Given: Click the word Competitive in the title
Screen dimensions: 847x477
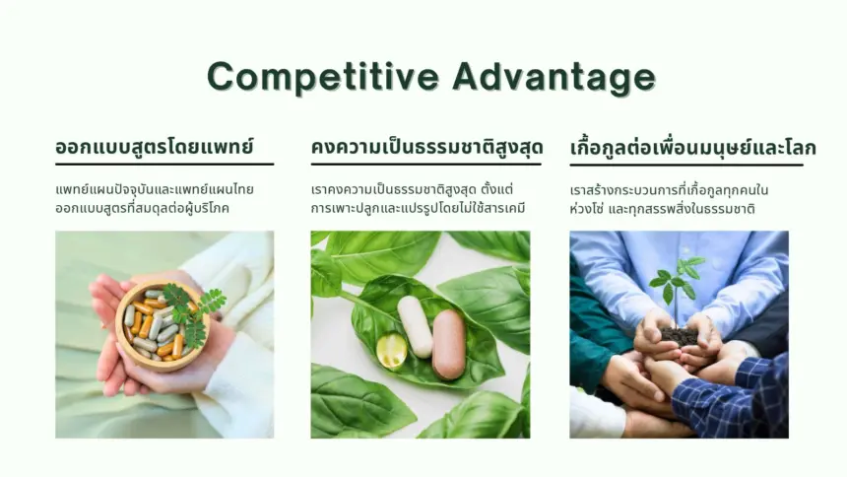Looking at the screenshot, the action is (x=323, y=77).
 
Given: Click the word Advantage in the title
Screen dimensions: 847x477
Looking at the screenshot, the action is (x=554, y=77).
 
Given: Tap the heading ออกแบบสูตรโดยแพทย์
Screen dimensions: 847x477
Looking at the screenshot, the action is (x=155, y=147).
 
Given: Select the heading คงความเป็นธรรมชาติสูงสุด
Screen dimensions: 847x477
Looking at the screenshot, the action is (x=426, y=147).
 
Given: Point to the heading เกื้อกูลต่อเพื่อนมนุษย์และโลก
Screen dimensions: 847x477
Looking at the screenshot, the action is (x=693, y=147).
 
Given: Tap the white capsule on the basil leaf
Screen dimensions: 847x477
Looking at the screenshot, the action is (x=415, y=326).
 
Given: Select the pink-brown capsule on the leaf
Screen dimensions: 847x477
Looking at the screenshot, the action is (x=449, y=344).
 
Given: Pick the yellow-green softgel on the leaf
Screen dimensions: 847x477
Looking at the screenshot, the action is (x=391, y=351).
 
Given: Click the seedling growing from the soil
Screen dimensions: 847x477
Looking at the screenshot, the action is (x=677, y=290).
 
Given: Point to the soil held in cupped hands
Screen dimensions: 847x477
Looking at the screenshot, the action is (x=679, y=336).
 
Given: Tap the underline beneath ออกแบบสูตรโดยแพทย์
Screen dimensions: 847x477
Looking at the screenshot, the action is (x=164, y=164).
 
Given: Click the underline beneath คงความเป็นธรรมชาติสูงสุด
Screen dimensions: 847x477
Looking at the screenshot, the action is (x=425, y=164).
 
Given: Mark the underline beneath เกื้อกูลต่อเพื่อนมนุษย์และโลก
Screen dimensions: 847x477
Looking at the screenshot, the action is (x=686, y=165).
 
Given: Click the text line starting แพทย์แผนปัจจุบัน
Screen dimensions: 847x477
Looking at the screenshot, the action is (x=155, y=190).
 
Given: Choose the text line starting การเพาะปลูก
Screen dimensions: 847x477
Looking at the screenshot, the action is (x=419, y=208).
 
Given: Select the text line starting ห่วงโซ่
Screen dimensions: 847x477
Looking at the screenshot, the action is (x=662, y=209).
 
